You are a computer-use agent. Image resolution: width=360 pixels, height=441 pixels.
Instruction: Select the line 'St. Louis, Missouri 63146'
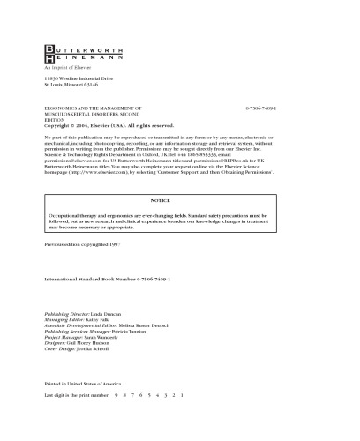[x=71, y=87]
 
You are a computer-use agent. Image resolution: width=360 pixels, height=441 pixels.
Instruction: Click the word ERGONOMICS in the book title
[x=62, y=106]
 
